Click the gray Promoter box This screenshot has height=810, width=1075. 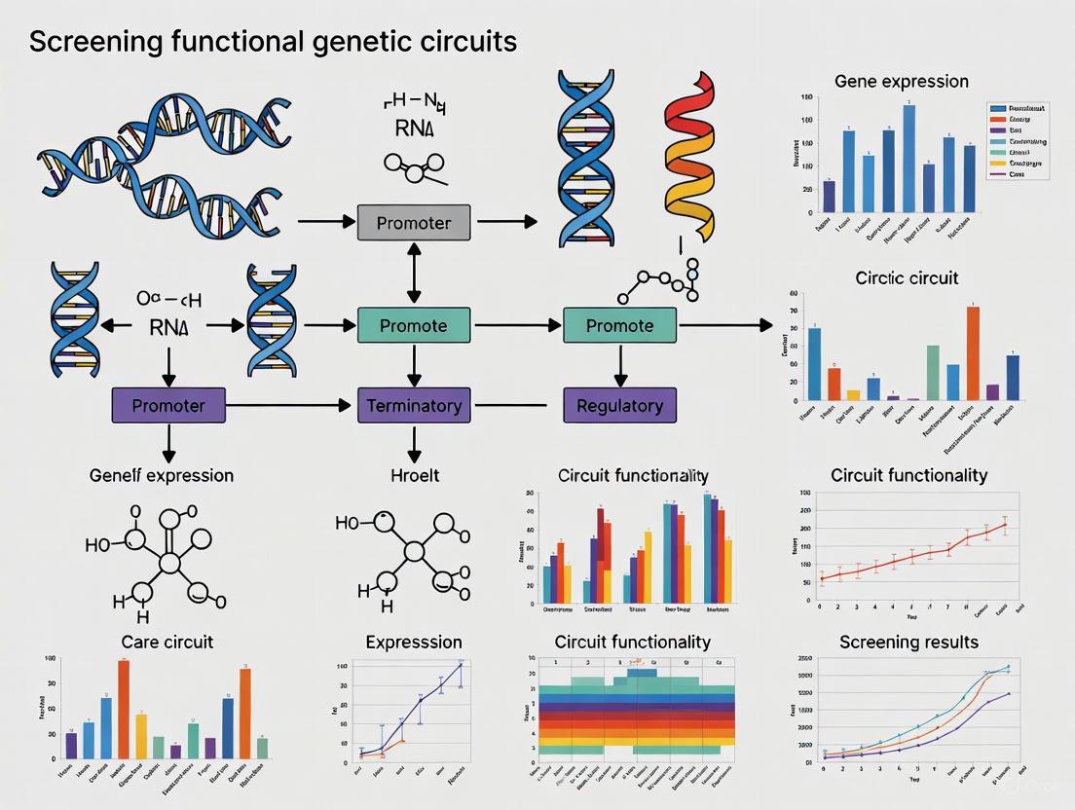pos(414,223)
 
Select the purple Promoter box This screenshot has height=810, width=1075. pos(168,404)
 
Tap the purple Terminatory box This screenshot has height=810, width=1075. pos(414,404)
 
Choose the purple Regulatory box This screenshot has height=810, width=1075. pos(619,404)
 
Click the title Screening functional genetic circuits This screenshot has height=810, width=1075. pos(274,42)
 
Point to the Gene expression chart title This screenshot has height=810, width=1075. pos(902,81)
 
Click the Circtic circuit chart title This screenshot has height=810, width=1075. pos(907,277)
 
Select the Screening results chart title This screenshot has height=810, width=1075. pos(908,642)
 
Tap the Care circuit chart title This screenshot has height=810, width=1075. pos(167,642)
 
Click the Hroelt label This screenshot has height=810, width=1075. pos(414,475)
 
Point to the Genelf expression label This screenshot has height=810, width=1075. pos(162,475)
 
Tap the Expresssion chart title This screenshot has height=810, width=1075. pos(414,642)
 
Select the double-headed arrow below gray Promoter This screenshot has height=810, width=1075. pos(415,274)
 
